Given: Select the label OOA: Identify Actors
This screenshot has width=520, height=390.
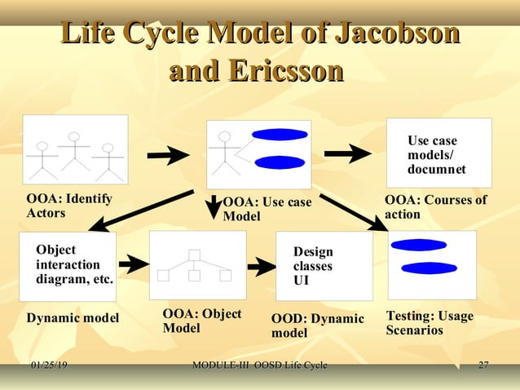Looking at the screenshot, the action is point(69,206).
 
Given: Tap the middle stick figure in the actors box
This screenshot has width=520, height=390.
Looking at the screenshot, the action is point(74,150).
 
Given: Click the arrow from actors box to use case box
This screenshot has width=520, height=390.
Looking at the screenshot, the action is point(168,154).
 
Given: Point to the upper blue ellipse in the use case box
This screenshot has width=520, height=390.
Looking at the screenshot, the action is point(279,135).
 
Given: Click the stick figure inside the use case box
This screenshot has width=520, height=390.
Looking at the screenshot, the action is point(221,153).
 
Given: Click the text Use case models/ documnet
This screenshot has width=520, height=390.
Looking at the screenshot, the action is point(436,155).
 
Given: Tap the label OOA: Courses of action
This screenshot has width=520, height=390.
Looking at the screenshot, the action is point(435,206).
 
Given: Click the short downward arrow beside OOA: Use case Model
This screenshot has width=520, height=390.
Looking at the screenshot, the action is point(213,206).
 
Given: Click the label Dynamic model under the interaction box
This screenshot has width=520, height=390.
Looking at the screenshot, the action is point(73,317).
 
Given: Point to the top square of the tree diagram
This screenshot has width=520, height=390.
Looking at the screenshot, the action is point(194,255).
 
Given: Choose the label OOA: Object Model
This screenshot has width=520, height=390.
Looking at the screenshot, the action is point(201,321).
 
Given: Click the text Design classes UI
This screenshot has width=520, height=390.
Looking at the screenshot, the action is point(313,266).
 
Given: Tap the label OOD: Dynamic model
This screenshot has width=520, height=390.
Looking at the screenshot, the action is point(317,326).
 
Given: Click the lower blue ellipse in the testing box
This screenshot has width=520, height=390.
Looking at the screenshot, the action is point(429,268).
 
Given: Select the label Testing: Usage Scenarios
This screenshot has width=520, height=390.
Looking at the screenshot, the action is point(430,323).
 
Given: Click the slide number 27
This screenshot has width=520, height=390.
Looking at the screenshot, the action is point(483,364).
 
